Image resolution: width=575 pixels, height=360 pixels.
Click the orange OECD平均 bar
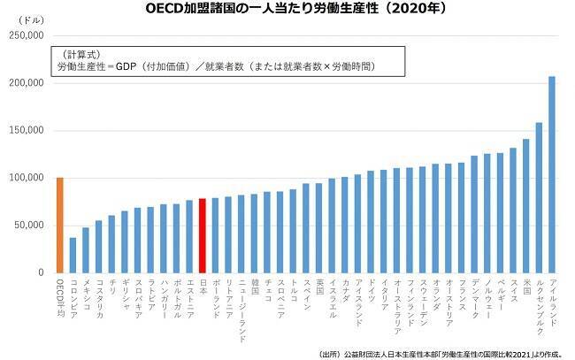59,225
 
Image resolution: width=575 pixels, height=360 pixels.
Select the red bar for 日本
202,235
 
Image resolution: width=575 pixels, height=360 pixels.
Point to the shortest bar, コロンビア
73,255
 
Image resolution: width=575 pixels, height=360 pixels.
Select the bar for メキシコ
86,250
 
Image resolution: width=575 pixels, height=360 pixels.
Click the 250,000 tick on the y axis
26,35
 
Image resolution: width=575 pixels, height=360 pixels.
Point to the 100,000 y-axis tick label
26,178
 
